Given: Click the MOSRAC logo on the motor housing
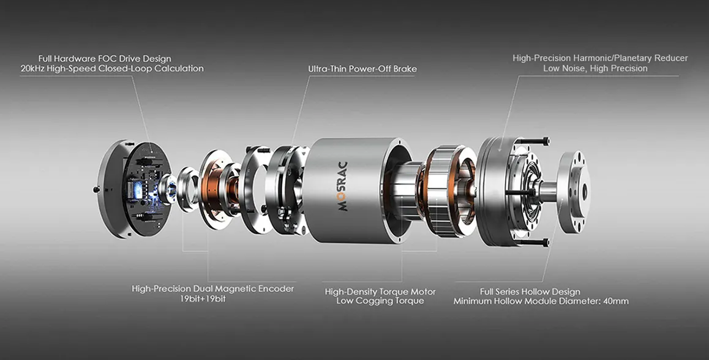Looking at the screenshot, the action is pyautogui.click(x=343, y=186).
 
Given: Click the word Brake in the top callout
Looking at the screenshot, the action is pyautogui.click(x=405, y=69).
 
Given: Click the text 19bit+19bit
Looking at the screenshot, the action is pyautogui.click(x=203, y=299).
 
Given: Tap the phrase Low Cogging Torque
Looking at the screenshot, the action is pyautogui.click(x=380, y=301).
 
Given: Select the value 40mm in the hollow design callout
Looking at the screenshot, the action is pyautogui.click(x=616, y=301).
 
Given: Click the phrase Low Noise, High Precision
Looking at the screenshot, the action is pyautogui.click(x=596, y=69).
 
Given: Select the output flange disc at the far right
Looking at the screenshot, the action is pyautogui.click(x=572, y=192).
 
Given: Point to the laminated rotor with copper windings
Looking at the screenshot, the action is pyautogui.click(x=448, y=191).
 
